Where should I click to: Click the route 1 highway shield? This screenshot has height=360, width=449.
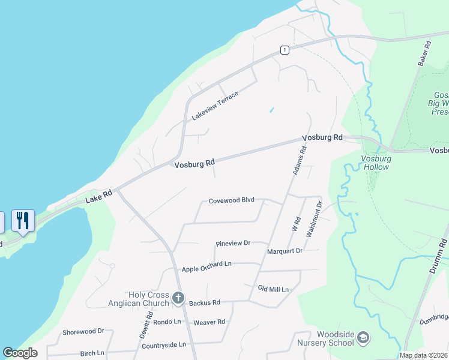(285, 49)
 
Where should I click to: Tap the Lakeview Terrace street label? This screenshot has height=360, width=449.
(215, 106)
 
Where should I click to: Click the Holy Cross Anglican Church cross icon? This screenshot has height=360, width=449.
(178, 298)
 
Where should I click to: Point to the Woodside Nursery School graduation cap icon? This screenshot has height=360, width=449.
(363, 338)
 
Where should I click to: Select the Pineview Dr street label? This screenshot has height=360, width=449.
(232, 244)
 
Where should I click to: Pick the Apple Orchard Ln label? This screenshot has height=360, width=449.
(206, 265)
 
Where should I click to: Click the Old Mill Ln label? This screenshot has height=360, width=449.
(273, 289)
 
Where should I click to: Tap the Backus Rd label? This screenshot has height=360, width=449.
(205, 303)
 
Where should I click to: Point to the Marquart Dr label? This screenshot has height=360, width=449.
(285, 251)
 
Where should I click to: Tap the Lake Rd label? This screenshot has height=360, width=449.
(98, 197)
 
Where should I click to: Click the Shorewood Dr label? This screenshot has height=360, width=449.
(83, 331)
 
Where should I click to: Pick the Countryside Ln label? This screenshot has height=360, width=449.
(164, 346)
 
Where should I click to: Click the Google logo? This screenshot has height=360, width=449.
(20, 353)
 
